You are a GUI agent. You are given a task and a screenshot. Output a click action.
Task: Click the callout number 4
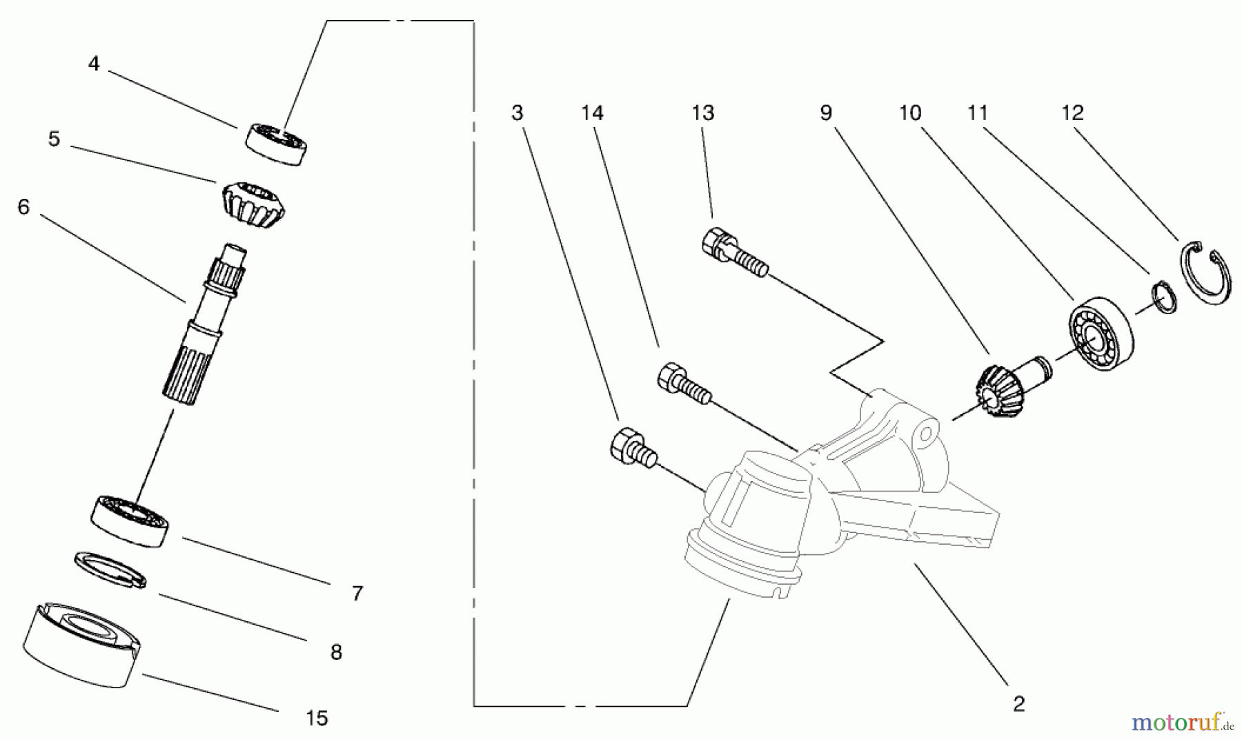[x=94, y=64]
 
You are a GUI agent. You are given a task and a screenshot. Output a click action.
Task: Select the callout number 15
[x=317, y=719]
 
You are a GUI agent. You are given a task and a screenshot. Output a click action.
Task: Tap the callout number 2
[x=1018, y=704]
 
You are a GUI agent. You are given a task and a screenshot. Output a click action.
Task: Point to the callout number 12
[x=1072, y=113]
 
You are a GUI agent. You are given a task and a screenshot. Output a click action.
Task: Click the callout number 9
[x=826, y=113]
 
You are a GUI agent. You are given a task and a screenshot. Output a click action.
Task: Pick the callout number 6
[x=24, y=207]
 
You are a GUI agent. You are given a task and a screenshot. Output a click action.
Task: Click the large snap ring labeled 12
[x=1202, y=273]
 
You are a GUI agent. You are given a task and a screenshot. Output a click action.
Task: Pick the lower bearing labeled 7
[x=130, y=520]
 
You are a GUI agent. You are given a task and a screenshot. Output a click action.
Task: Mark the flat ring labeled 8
[x=110, y=569]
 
